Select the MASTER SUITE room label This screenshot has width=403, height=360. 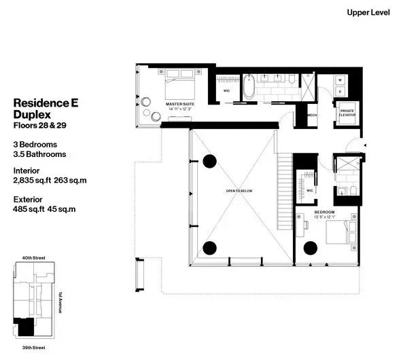[181, 104]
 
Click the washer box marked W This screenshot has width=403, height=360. [340, 81]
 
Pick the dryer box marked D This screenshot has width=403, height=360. [340, 95]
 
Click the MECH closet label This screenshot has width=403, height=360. [312, 115]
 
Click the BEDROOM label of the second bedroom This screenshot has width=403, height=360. [323, 213]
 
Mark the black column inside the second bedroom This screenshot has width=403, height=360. [311, 247]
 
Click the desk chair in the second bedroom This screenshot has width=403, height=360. [353, 228]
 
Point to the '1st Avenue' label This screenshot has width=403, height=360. [60, 303]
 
